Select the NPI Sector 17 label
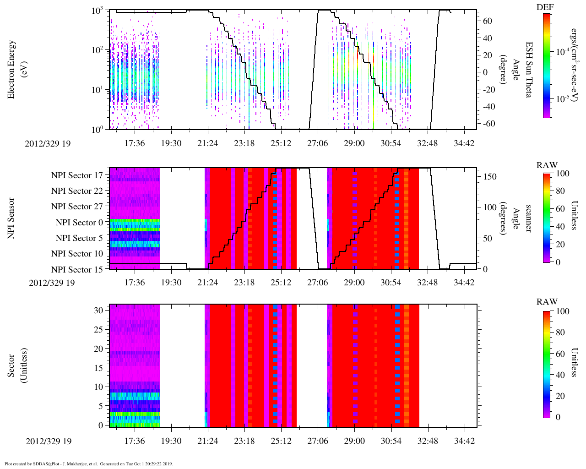tap(77, 175)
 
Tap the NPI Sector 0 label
tap(79, 223)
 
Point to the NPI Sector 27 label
tap(77, 207)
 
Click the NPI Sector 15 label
tap(77, 270)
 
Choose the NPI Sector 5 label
tap(79, 238)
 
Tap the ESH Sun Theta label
tap(529, 69)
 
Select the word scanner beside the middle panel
tap(528, 218)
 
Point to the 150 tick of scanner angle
tap(490, 177)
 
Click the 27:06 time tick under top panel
tap(317, 143)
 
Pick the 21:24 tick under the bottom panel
tap(207, 442)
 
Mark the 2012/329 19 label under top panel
tap(48, 143)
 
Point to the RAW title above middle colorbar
tap(547, 165)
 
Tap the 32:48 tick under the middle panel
tap(427, 283)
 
